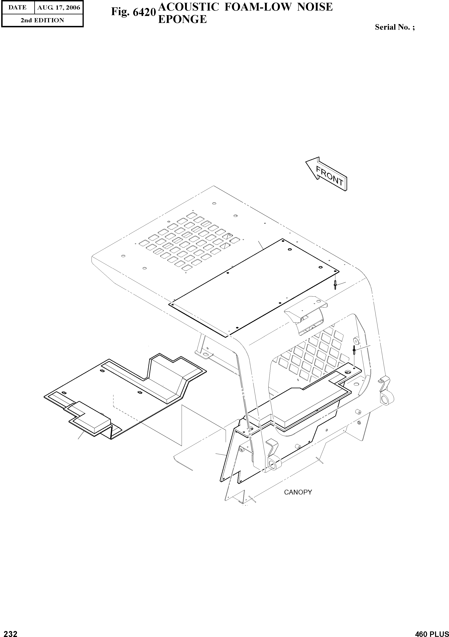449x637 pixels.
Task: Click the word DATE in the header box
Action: [x=18, y=8]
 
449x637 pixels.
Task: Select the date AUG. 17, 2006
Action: [x=59, y=8]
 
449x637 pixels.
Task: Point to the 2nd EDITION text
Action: [x=42, y=20]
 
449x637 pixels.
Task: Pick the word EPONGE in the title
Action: [x=182, y=19]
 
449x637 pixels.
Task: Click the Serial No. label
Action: [x=395, y=27]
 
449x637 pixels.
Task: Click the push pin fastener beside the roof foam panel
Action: [x=335, y=284]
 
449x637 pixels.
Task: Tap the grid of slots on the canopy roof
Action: [x=189, y=241]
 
